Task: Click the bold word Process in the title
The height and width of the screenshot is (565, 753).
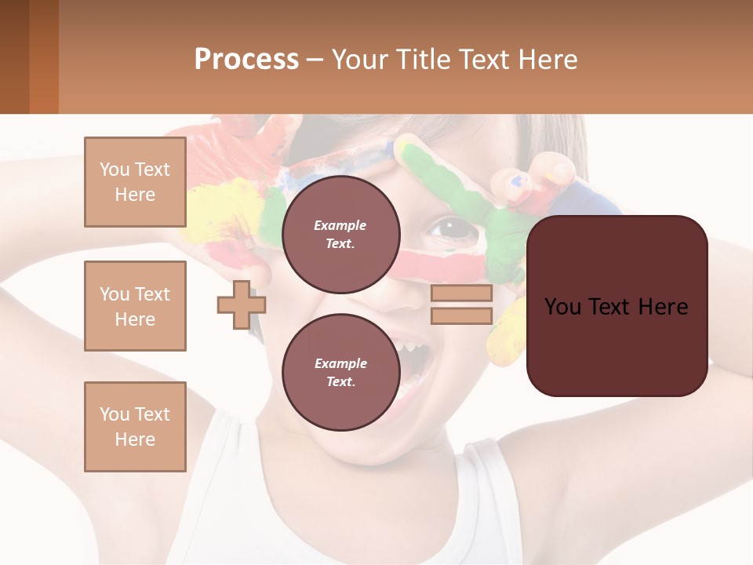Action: (x=246, y=60)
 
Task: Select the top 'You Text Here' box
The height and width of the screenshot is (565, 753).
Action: (x=135, y=182)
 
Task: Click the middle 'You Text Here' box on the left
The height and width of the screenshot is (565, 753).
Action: (x=135, y=306)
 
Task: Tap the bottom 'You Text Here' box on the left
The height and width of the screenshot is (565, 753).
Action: (x=135, y=426)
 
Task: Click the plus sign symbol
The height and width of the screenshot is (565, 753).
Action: (x=241, y=304)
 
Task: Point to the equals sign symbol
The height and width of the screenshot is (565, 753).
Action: (x=461, y=304)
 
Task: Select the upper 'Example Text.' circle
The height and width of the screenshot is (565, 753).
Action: (x=340, y=234)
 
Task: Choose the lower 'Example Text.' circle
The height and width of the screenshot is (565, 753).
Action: (x=340, y=372)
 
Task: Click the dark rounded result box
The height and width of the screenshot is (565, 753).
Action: (x=617, y=305)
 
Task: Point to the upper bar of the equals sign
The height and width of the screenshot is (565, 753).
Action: (x=461, y=293)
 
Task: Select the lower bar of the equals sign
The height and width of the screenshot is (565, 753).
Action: (x=461, y=315)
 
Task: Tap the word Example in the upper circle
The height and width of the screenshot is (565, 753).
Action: (x=340, y=225)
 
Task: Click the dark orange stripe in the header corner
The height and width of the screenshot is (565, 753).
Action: (x=44, y=56)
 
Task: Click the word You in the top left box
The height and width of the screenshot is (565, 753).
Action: (x=113, y=169)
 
